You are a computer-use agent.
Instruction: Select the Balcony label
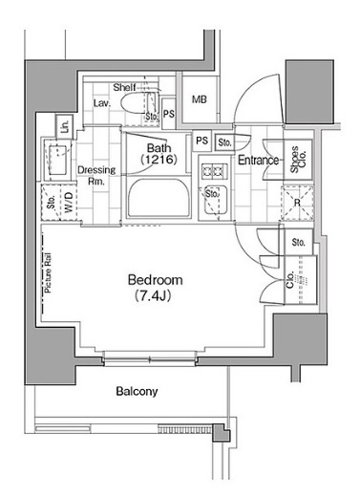click(137, 392)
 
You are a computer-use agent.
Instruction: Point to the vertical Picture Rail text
click(48, 276)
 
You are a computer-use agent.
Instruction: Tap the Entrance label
click(259, 161)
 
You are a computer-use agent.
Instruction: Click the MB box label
click(200, 99)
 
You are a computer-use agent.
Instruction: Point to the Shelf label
click(124, 86)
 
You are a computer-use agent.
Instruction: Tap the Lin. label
click(62, 125)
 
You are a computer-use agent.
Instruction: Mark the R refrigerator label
click(298, 203)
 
